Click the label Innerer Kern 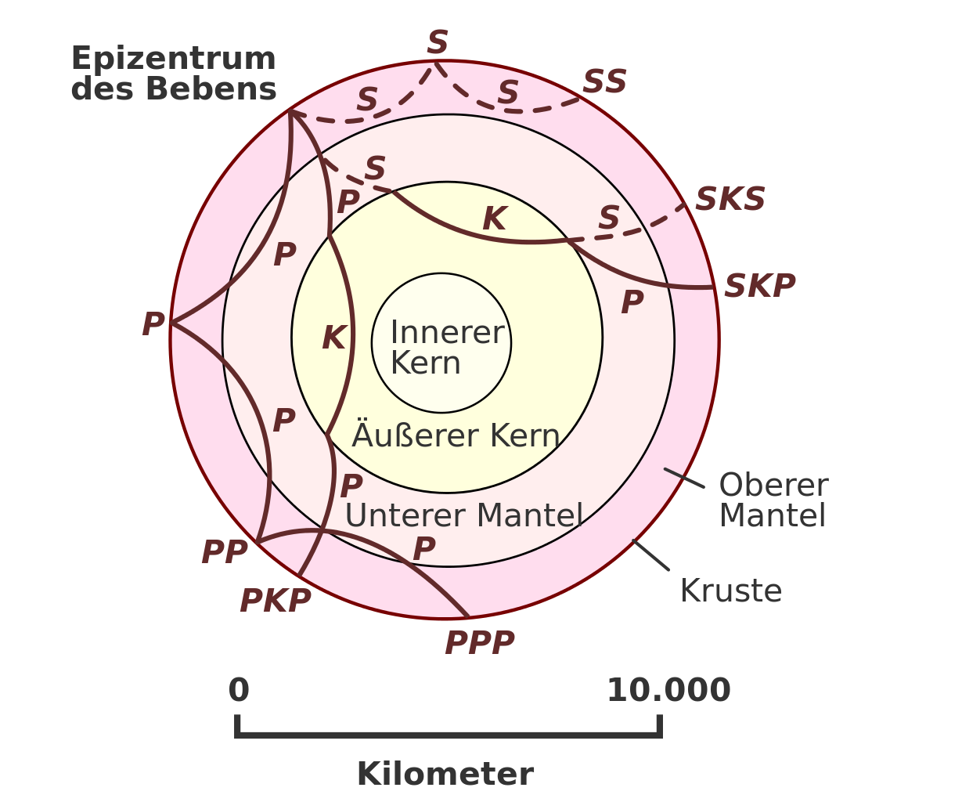pyautogui.click(x=446, y=348)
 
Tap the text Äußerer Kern pyautogui.click(x=456, y=435)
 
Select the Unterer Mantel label pyautogui.click(x=464, y=516)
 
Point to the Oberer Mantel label pyautogui.click(x=773, y=500)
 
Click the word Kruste pyautogui.click(x=731, y=591)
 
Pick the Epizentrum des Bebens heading pyautogui.click(x=174, y=74)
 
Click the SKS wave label pyautogui.click(x=730, y=200)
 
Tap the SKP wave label pyautogui.click(x=758, y=287)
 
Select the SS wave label pyautogui.click(x=604, y=81)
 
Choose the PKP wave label pyautogui.click(x=275, y=601)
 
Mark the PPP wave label pyautogui.click(x=479, y=644)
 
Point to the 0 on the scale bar pyautogui.click(x=239, y=691)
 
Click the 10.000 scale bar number pyautogui.click(x=668, y=691)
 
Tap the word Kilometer pyautogui.click(x=445, y=774)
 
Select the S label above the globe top pyautogui.click(x=438, y=42)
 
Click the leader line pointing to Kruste pyautogui.click(x=650, y=555)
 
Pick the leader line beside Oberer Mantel pyautogui.click(x=684, y=478)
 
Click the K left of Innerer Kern pyautogui.click(x=333, y=338)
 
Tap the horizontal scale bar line pyautogui.click(x=449, y=735)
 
